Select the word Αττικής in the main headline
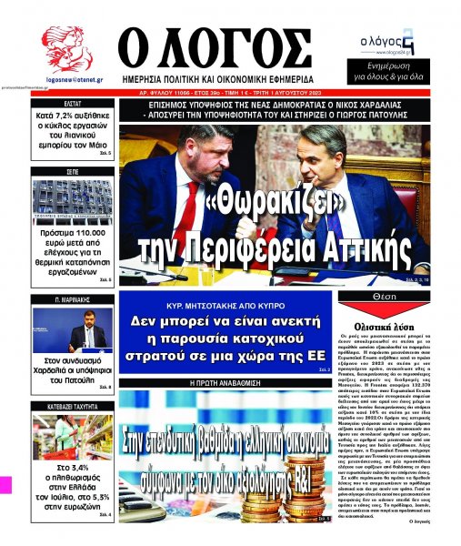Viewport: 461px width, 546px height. tap(358, 247)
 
